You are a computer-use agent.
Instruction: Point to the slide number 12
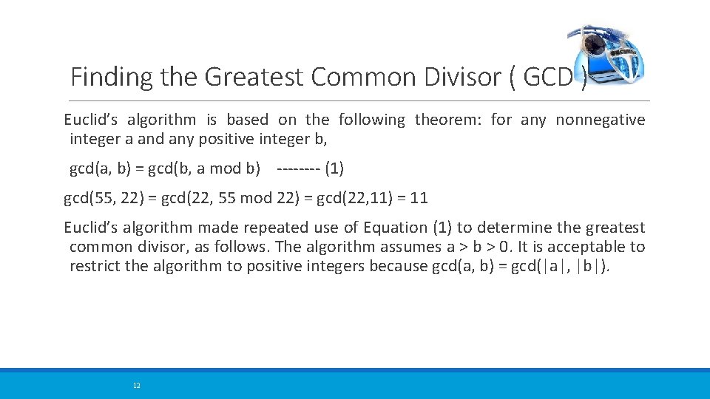[136, 386]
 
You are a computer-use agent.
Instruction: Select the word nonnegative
[601, 120]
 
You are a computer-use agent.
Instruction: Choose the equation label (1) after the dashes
[334, 168]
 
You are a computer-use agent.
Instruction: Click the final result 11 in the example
[419, 198]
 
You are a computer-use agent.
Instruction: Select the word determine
[514, 228]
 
